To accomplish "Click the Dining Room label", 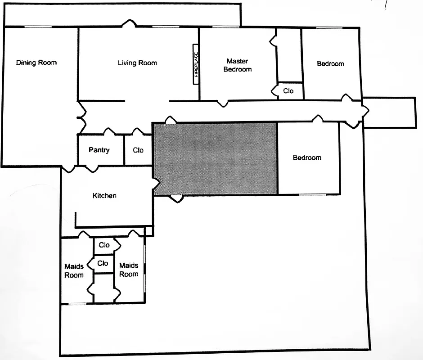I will click(x=36, y=63).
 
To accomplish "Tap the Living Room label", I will click(x=137, y=63).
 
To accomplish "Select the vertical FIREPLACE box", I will click(x=196, y=64).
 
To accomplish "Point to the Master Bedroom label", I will click(x=238, y=65).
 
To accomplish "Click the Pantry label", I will click(x=99, y=150).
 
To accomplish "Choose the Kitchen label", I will click(x=104, y=195).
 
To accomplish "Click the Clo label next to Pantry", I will click(x=138, y=150).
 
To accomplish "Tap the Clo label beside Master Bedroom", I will click(x=288, y=91).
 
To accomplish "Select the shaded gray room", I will click(x=215, y=158).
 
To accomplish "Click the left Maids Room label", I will click(x=74, y=271).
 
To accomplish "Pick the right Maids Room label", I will click(x=129, y=270).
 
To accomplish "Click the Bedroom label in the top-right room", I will click(x=330, y=64).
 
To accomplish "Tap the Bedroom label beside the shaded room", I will click(x=307, y=157).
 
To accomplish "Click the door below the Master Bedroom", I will click(x=222, y=103).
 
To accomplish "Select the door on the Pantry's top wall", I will click(x=108, y=132).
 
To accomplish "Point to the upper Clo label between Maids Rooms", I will click(x=104, y=245).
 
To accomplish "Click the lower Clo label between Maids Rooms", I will click(x=103, y=263).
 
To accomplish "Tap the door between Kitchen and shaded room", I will click(x=156, y=184).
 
